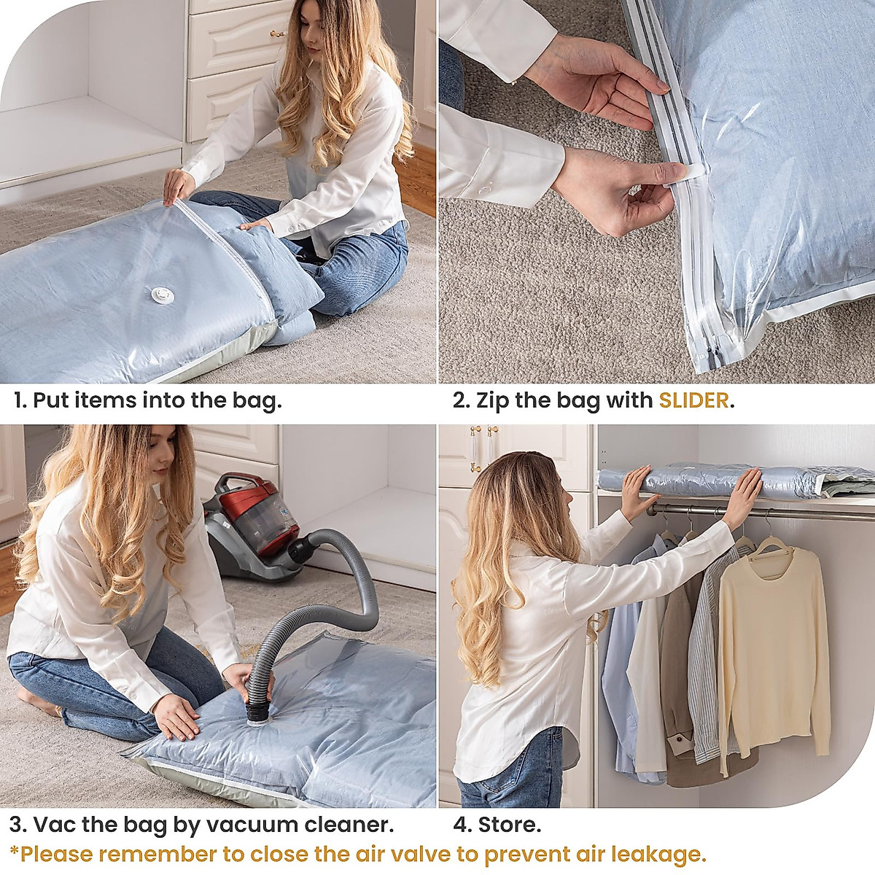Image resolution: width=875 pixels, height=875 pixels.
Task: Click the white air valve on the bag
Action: click(160, 294)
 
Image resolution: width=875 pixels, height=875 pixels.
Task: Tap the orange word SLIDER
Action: click(693, 400)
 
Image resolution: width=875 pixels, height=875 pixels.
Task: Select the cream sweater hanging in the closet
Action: click(772, 656)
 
